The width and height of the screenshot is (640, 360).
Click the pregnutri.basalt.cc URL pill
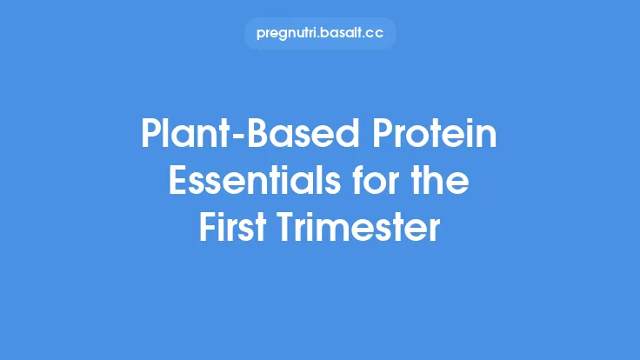(320, 34)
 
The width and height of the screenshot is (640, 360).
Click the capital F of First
(207, 228)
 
